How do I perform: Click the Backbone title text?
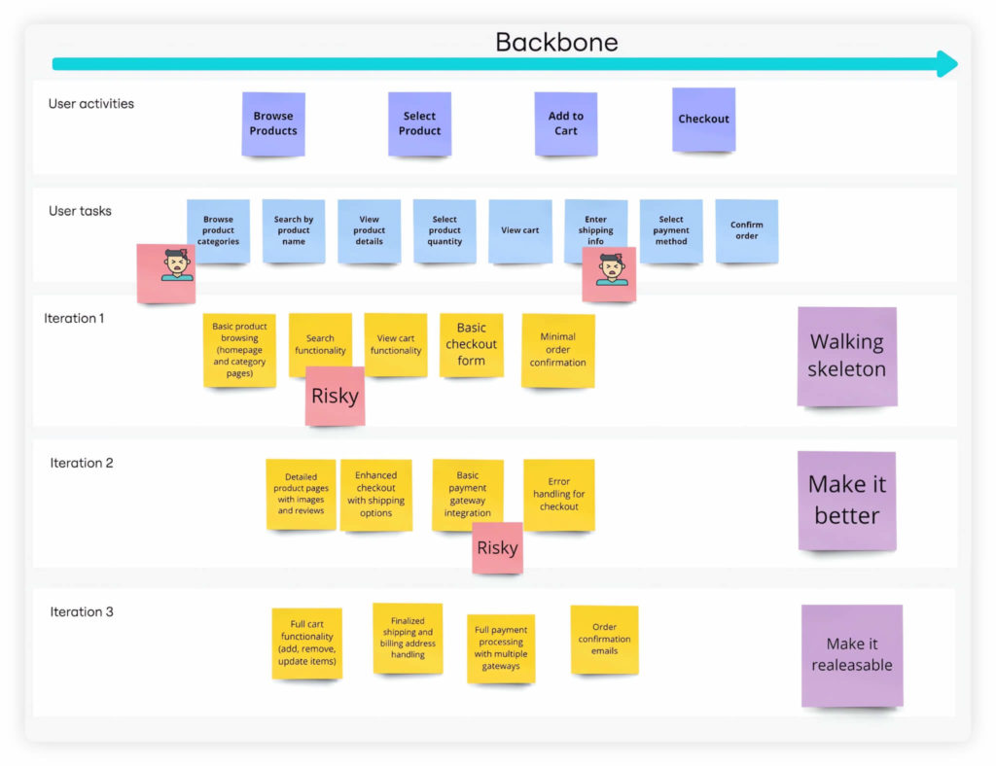(556, 42)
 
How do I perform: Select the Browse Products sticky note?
(273, 123)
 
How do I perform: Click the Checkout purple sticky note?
(703, 119)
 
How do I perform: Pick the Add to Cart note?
(565, 123)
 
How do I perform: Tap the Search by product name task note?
(293, 230)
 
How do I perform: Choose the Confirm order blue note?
(746, 230)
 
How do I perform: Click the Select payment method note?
(670, 230)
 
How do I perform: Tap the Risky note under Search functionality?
(335, 396)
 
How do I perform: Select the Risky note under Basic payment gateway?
(497, 547)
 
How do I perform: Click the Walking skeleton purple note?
(847, 356)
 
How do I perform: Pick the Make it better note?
(846, 500)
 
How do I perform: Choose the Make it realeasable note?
(852, 654)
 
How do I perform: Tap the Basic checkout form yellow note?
(471, 344)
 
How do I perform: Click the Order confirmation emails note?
(604, 639)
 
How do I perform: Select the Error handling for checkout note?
(558, 494)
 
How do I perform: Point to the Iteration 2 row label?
(82, 463)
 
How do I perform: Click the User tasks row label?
(80, 211)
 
